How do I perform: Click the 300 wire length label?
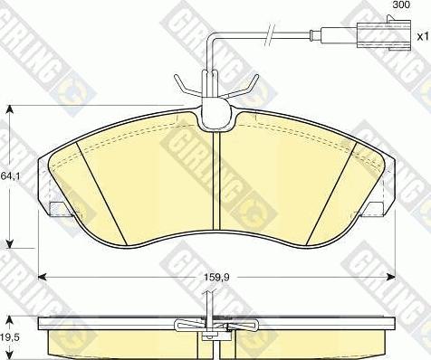click(x=401, y=5)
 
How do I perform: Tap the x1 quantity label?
click(x=423, y=37)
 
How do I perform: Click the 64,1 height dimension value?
click(x=10, y=175)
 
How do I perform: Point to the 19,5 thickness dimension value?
click(x=10, y=337)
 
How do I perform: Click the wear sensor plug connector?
click(x=384, y=34)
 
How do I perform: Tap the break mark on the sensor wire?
click(x=270, y=34)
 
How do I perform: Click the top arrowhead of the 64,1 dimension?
click(x=10, y=109)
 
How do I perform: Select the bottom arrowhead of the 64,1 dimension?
click(x=10, y=243)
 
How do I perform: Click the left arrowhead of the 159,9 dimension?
click(x=43, y=277)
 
